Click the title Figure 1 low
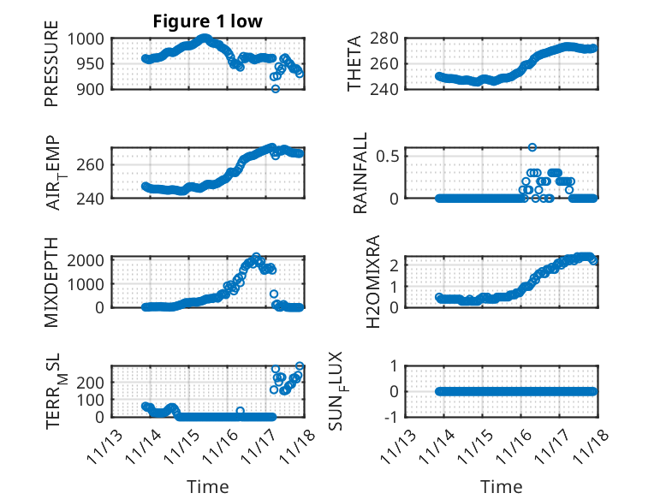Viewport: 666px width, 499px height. (x=208, y=21)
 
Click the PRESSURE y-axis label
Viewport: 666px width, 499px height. (x=52, y=69)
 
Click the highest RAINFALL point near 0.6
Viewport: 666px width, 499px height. (x=532, y=147)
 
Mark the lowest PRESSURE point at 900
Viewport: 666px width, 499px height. (x=276, y=88)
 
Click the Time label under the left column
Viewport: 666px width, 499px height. (x=208, y=487)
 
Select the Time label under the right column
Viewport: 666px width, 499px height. (x=502, y=487)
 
